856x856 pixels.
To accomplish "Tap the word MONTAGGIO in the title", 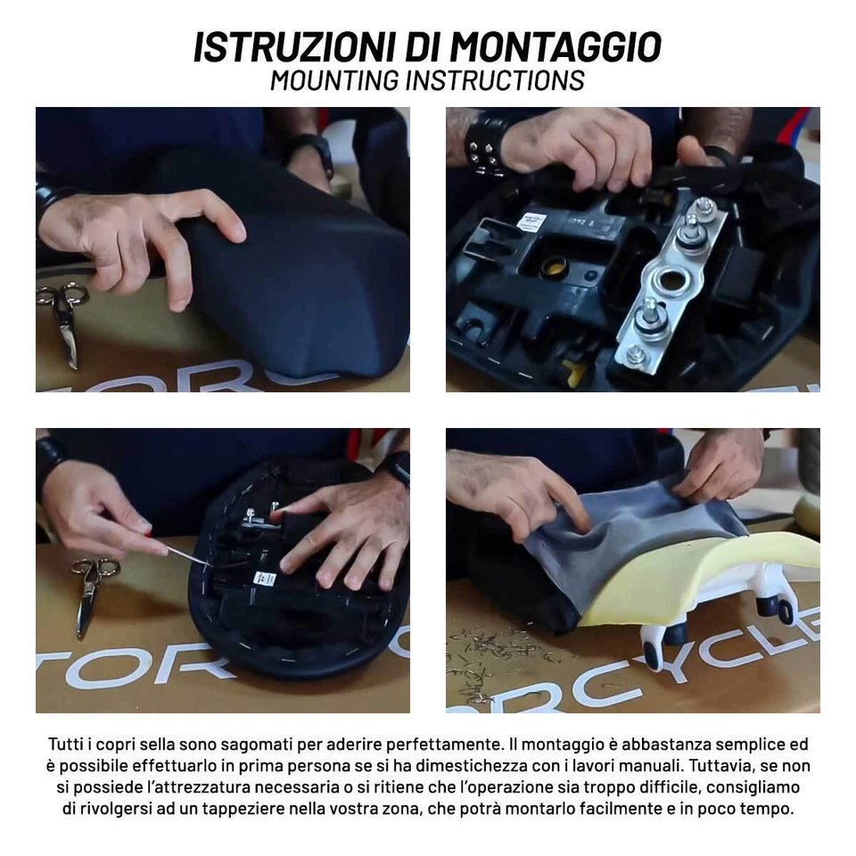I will (x=555, y=46).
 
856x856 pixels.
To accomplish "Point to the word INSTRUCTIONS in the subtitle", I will (x=494, y=79).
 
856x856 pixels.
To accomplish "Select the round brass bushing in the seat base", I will (x=556, y=266).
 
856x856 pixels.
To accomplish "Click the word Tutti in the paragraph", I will (x=70, y=744).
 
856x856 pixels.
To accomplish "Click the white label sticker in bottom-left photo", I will (x=264, y=578).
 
